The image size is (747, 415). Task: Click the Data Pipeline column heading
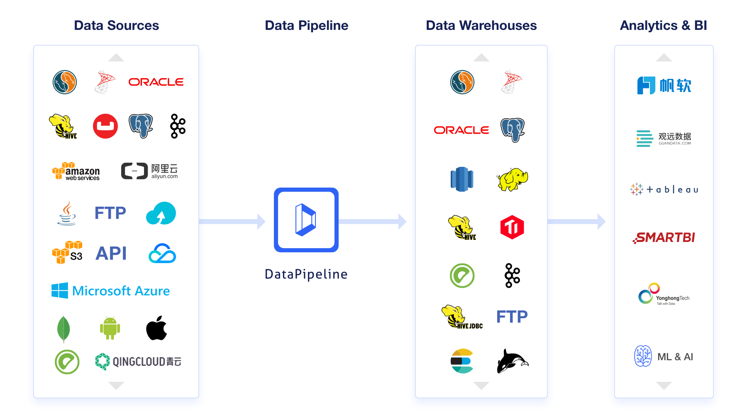pyautogui.click(x=306, y=25)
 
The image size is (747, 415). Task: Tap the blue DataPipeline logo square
pyautogui.click(x=306, y=220)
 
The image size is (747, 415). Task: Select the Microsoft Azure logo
pyautogui.click(x=110, y=290)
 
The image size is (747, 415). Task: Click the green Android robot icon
pyautogui.click(x=110, y=328)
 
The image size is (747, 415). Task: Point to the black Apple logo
pyautogui.click(x=156, y=328)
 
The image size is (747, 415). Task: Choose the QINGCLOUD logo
pyautogui.click(x=138, y=361)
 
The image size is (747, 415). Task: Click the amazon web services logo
pyautogui.click(x=76, y=171)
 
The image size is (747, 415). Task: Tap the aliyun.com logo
pyautogui.click(x=149, y=171)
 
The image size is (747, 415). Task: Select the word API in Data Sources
pyautogui.click(x=111, y=253)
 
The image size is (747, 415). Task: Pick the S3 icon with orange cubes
pyautogui.click(x=67, y=252)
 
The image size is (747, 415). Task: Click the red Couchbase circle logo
pyautogui.click(x=105, y=126)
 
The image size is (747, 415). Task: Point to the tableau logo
pyautogui.click(x=664, y=190)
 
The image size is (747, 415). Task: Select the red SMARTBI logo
pyautogui.click(x=664, y=237)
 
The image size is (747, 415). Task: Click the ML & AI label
pyautogui.click(x=675, y=357)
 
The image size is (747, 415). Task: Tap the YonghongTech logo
pyautogui.click(x=664, y=294)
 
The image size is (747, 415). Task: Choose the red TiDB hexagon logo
pyautogui.click(x=512, y=227)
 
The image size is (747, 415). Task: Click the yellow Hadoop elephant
pyautogui.click(x=512, y=179)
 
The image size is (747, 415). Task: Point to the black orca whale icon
pyautogui.click(x=513, y=361)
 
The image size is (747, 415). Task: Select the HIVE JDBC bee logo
pyautogui.click(x=462, y=317)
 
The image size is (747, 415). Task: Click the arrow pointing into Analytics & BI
pyautogui.click(x=577, y=222)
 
